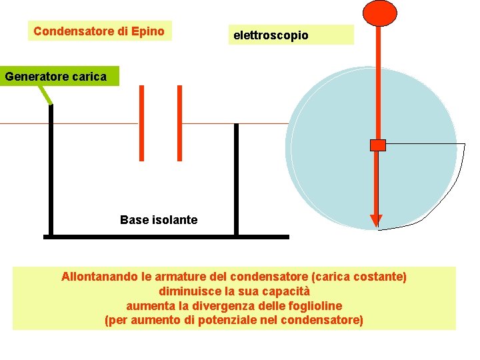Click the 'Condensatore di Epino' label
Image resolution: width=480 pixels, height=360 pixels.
[99, 31]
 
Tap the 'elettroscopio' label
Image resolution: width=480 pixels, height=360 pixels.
[271, 35]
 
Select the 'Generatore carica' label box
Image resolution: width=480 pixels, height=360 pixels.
[55, 76]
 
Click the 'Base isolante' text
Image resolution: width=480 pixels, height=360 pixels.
[159, 220]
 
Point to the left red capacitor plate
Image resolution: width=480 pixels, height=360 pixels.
[141, 123]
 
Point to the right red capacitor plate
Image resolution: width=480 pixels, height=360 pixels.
[179, 123]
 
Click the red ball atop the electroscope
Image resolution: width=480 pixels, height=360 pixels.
[379, 12]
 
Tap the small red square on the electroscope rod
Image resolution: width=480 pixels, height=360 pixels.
[378, 145]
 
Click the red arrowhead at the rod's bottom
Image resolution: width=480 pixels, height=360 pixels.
[376, 221]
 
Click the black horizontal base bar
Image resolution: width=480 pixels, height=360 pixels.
[167, 237]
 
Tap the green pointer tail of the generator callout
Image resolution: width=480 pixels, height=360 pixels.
[45, 95]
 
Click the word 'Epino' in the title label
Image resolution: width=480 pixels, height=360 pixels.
[148, 31]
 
